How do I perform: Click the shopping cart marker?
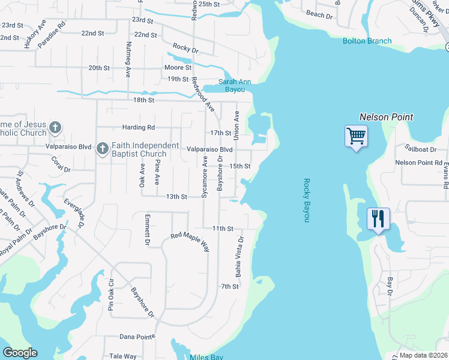(x=356, y=137)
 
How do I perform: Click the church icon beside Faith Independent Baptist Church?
(x=102, y=148)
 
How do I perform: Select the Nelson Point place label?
(x=386, y=117)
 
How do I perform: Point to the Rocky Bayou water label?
(x=306, y=200)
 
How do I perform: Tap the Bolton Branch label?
(x=367, y=41)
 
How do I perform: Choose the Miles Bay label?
(x=206, y=358)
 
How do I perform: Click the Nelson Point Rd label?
(x=418, y=163)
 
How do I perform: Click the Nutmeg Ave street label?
(x=128, y=59)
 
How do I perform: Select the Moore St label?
(x=178, y=68)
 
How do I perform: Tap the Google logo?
(x=20, y=353)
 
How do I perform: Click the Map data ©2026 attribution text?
(x=415, y=355)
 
